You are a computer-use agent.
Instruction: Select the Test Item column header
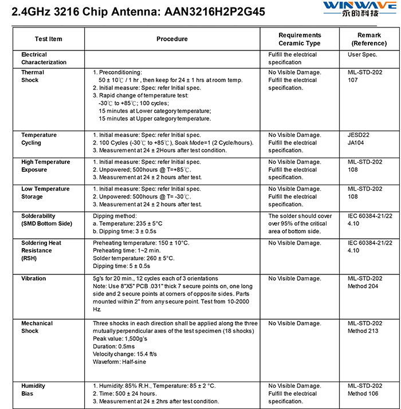tap(49, 39)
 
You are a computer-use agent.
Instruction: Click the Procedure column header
tap(172, 39)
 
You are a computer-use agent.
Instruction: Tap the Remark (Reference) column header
tap(369, 39)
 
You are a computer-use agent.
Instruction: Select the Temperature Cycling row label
tap(39, 139)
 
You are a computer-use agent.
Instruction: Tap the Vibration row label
tap(34, 278)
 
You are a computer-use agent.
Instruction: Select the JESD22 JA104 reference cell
tap(359, 139)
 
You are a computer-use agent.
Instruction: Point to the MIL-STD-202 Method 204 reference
tap(365, 282)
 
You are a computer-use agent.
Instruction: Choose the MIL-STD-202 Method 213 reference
tap(365, 327)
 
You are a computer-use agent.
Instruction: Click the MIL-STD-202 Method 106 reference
tap(365, 390)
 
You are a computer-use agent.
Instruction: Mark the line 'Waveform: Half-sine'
tap(122, 361)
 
